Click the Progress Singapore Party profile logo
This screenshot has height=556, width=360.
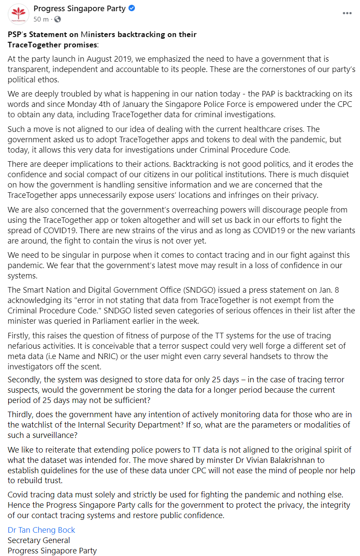pos(18,14)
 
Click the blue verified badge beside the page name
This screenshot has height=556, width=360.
pos(131,9)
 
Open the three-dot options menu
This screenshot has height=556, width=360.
pos(347,13)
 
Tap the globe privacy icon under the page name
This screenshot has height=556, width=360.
pos(57,19)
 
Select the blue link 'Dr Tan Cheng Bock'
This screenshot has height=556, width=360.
pos(41,530)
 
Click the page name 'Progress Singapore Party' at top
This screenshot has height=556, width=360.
pos(79,9)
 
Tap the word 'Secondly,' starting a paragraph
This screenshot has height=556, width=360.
pos(25,380)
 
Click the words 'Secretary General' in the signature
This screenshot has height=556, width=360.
pos(39,540)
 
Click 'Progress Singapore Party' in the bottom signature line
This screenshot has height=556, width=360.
pos(52,550)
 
